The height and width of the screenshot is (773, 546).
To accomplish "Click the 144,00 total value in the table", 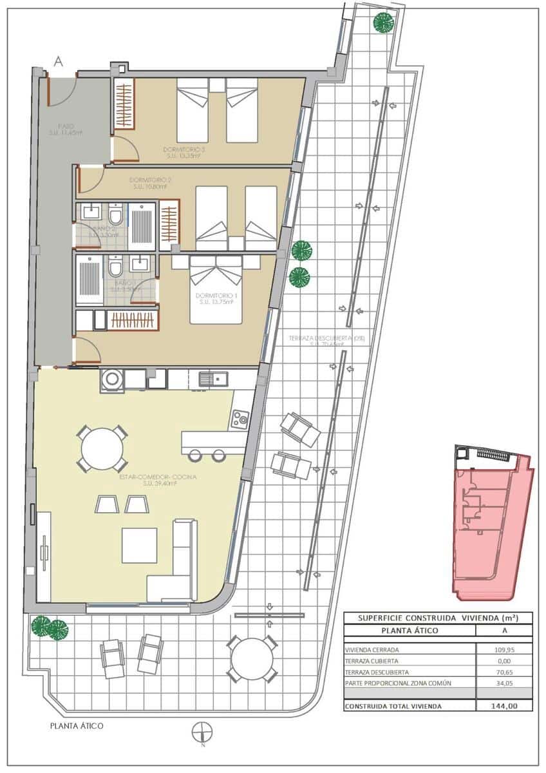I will (x=504, y=706).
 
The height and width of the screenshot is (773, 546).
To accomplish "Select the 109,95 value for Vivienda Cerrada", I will (x=504, y=649).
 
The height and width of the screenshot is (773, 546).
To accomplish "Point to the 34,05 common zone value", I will (x=504, y=683).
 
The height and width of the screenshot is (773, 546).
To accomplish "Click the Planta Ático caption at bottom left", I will (x=77, y=726).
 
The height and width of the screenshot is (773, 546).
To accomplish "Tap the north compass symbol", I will (x=202, y=732).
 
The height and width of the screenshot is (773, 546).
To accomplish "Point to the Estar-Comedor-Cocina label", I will (x=158, y=477).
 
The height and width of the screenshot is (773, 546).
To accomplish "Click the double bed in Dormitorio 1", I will (x=216, y=290).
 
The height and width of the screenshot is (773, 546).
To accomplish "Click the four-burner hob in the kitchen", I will (x=240, y=419).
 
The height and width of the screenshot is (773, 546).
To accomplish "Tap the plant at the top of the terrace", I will (x=384, y=22).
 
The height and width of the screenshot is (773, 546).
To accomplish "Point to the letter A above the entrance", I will (x=59, y=62).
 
